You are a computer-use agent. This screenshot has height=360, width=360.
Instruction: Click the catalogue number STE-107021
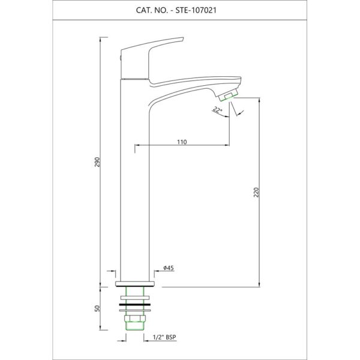tap(196, 10)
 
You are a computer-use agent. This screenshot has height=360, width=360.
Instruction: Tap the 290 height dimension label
tap(98, 162)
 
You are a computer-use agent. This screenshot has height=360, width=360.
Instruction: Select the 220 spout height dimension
tap(256, 193)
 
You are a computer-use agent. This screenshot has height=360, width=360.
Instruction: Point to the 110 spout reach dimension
tap(182, 142)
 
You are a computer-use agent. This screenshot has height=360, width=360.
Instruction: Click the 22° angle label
tap(217, 110)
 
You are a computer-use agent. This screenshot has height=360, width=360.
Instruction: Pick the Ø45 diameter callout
tap(169, 268)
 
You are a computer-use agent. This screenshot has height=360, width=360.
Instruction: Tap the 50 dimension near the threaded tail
tap(98, 308)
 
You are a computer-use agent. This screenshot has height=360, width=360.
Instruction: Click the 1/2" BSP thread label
tap(164, 337)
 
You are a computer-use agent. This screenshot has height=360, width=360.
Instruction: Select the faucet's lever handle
tap(152, 59)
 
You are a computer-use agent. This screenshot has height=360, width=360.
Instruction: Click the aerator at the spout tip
tap(228, 95)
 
